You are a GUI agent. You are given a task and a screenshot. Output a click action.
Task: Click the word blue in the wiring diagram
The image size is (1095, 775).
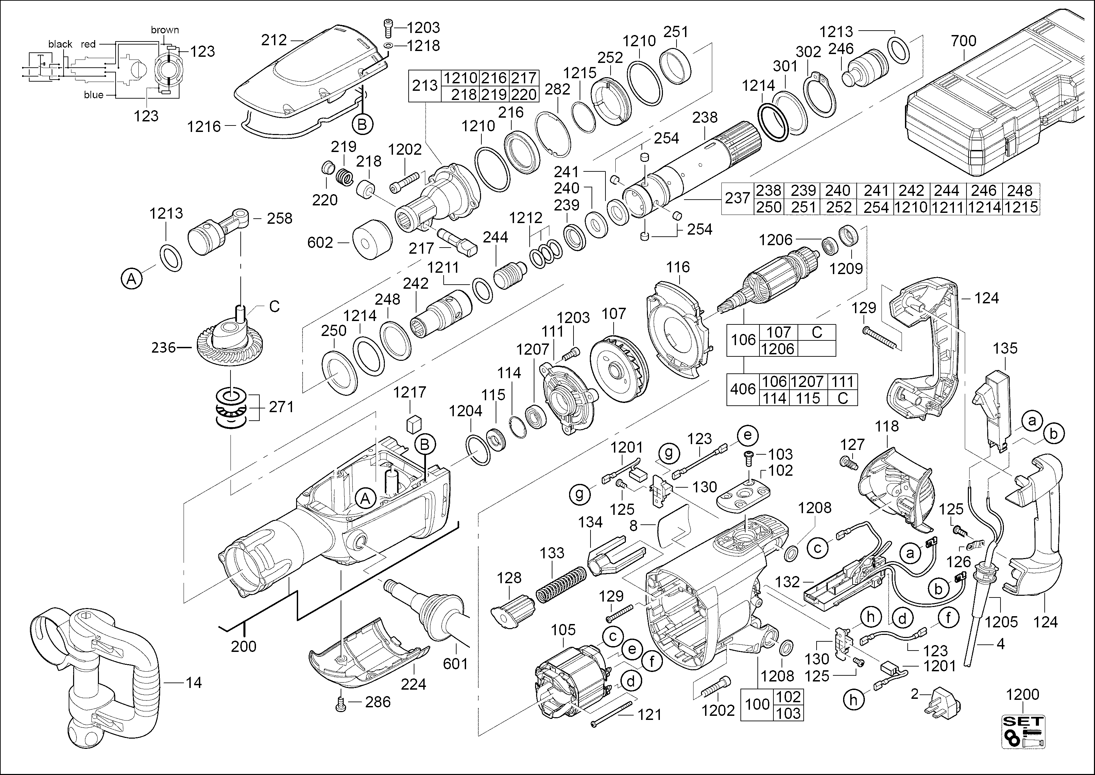coord(93,95)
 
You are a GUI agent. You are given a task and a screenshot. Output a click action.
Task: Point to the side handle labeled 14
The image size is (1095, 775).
coord(96,668)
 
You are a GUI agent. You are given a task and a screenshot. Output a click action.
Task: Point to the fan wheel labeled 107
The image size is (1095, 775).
coord(619,365)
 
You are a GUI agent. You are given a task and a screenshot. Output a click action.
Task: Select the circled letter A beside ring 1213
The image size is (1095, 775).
coord(132,278)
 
